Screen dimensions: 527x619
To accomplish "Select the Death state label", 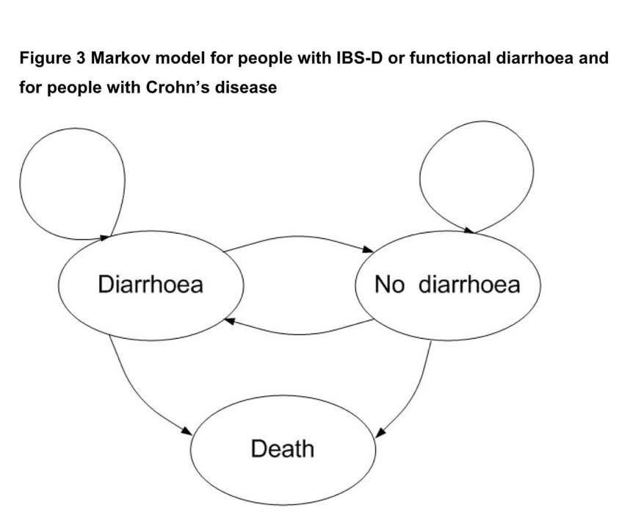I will click(x=282, y=448).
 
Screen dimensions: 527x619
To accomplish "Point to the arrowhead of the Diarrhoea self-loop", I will click(x=106, y=237).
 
